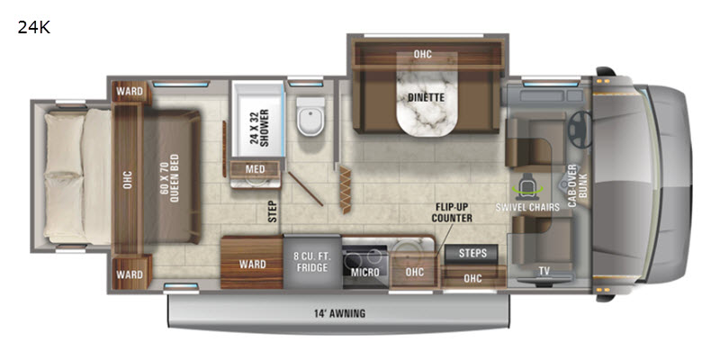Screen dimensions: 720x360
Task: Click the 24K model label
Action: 33,28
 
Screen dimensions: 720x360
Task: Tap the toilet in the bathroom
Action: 310,117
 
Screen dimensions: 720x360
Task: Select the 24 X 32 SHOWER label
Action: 258,127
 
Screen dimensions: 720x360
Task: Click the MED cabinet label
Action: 256,169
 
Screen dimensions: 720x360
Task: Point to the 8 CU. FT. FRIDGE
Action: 312,262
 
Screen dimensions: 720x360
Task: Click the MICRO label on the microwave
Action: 365,273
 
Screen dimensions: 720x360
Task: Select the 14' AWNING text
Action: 340,313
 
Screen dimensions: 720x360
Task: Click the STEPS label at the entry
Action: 472,254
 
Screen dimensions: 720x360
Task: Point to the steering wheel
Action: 580,130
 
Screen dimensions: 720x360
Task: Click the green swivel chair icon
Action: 527,186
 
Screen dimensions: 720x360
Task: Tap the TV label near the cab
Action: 544,272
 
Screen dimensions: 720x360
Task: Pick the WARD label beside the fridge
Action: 253,264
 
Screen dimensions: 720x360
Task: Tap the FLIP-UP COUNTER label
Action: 452,213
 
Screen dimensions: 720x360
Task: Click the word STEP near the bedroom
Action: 274,211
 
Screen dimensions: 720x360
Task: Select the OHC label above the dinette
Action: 422,54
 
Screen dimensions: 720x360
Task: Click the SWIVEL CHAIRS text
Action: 527,207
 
